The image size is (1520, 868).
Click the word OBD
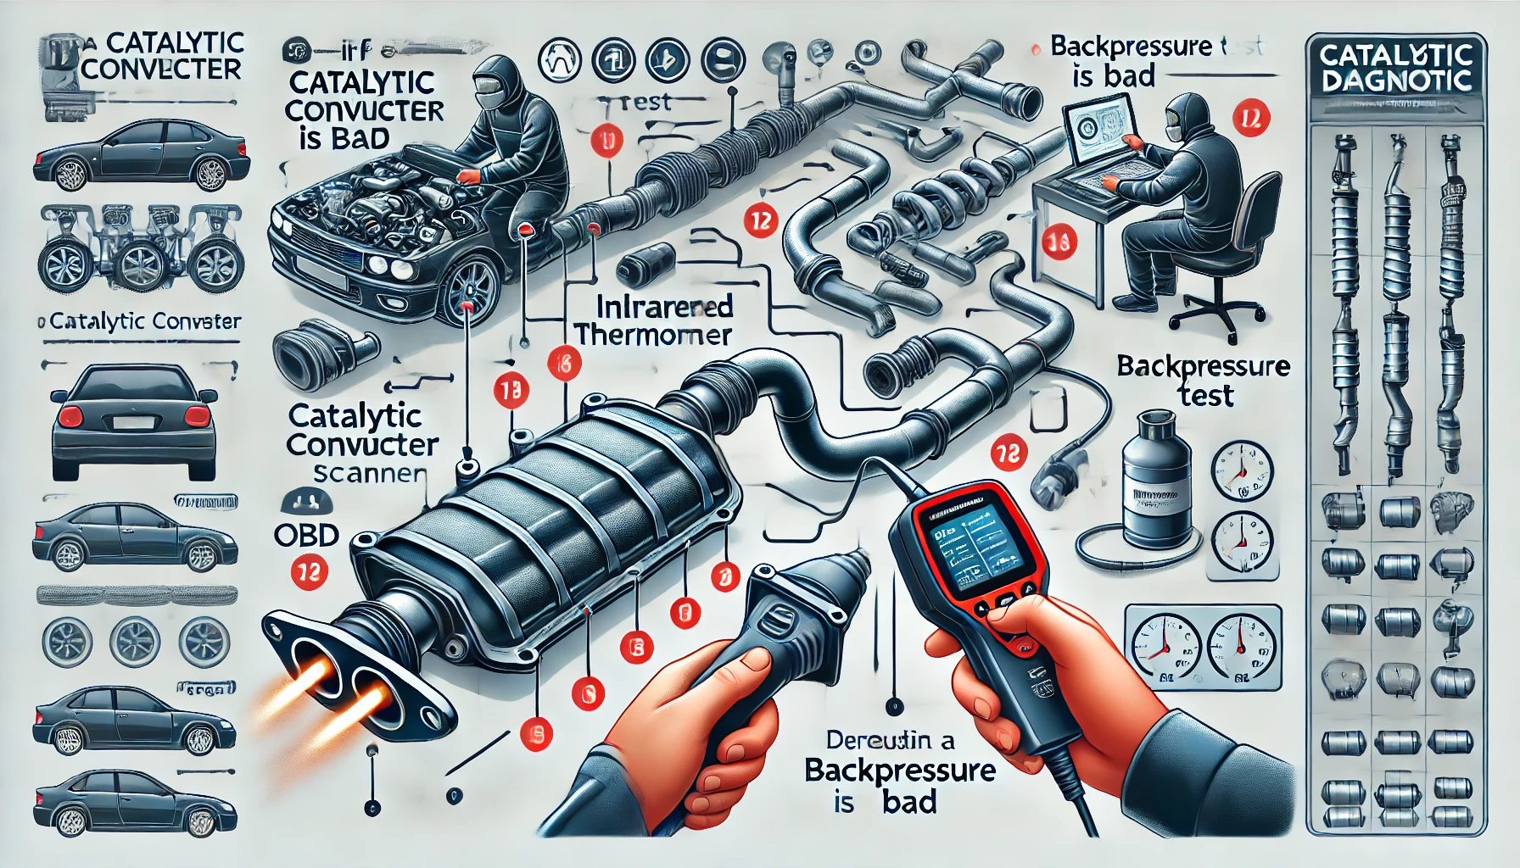pos(306,535)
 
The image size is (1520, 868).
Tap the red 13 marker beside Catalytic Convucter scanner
pos(511,390)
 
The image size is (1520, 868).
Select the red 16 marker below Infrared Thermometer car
pos(564,364)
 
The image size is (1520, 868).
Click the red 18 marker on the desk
pos(1058,243)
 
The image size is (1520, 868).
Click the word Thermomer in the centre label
pos(652,336)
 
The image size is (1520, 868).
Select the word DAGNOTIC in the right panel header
pos(1396,82)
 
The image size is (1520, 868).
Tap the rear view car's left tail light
pos(70,416)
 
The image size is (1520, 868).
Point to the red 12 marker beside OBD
pos(309,573)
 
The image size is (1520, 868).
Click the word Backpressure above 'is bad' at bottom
pos(899,771)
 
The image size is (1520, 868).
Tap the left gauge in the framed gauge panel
pos(1164,648)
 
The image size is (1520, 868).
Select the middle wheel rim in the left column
pos(135,641)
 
